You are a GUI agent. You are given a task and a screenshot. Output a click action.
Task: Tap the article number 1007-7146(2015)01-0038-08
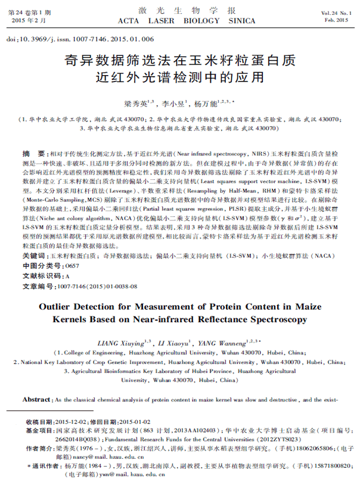coord(96,287)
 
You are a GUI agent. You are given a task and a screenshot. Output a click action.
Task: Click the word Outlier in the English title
coord(58,307)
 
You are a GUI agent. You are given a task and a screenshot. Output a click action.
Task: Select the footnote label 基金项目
coord(41,430)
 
